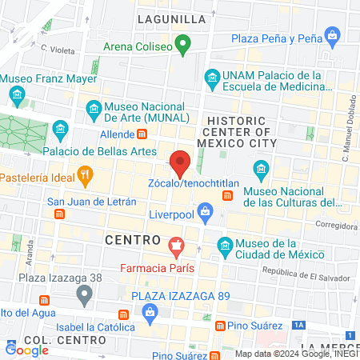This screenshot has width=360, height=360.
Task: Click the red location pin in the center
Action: [180, 163]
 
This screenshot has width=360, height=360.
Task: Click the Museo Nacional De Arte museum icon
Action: [94, 107]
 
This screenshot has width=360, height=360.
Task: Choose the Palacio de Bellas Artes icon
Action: [60, 129]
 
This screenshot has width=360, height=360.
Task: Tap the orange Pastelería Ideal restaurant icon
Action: [85, 174]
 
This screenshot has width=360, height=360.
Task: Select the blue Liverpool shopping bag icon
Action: [206, 213]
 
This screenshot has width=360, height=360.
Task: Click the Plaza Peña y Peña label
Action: [278, 38]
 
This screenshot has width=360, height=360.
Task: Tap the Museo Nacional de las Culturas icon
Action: [259, 169]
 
